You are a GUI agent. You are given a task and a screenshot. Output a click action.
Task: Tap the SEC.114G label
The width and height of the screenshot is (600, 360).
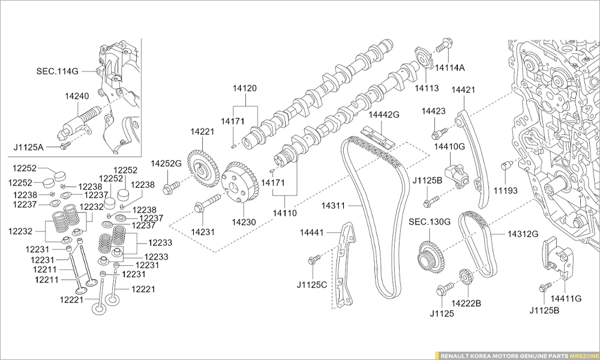tap(57, 71)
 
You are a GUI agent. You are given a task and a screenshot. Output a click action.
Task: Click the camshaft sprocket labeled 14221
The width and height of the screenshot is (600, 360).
tap(203, 169)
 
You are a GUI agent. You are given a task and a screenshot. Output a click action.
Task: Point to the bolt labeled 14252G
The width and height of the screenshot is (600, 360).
tap(170, 188)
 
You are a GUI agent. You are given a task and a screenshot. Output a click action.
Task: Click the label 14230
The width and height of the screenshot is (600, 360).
tap(244, 222)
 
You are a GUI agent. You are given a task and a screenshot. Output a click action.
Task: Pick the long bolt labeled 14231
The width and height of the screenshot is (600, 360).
tap(207, 203)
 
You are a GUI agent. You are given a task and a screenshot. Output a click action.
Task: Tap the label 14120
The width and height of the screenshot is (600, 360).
tap(245, 88)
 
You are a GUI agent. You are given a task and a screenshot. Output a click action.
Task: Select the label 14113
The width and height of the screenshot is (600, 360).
tap(426, 88)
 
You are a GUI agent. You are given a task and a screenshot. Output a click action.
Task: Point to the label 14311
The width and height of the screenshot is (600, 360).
tap(333, 206)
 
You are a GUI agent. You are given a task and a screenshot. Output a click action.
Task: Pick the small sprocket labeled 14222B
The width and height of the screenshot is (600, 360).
tap(466, 277)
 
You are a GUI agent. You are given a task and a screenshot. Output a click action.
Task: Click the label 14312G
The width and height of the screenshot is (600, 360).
tap(523, 233)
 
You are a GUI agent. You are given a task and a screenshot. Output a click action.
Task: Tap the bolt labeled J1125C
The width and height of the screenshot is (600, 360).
tap(311, 261)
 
